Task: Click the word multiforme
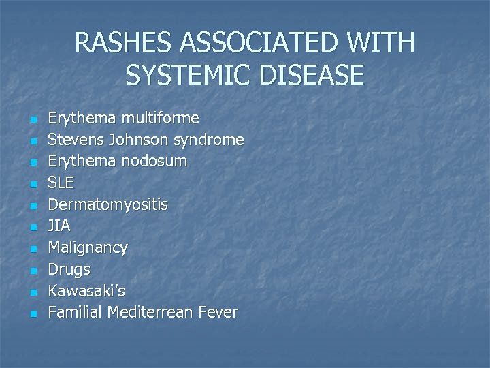[160, 119]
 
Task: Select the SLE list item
[61, 183]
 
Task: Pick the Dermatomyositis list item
[108, 204]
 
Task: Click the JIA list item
[59, 226]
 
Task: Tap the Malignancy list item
[87, 248]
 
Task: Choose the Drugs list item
[69, 270]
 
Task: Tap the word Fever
[218, 313]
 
